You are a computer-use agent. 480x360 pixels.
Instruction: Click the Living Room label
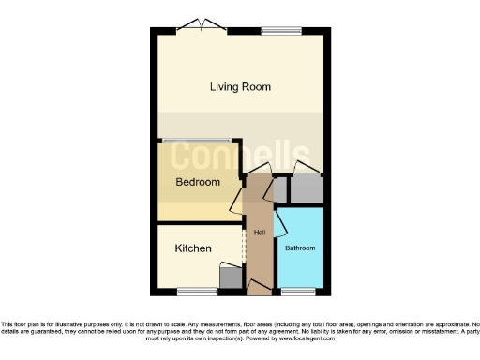(240, 87)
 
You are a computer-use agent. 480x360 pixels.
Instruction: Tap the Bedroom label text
(198, 182)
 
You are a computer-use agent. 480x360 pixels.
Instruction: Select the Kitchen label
(193, 248)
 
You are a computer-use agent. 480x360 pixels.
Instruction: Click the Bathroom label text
(300, 248)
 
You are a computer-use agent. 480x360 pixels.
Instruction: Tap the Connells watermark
(239, 156)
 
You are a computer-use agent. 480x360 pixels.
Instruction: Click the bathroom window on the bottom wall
(300, 291)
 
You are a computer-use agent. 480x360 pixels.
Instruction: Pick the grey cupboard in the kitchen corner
(230, 276)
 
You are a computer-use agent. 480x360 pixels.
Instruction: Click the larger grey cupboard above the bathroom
(306, 190)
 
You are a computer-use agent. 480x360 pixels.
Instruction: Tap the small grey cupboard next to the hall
(279, 191)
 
